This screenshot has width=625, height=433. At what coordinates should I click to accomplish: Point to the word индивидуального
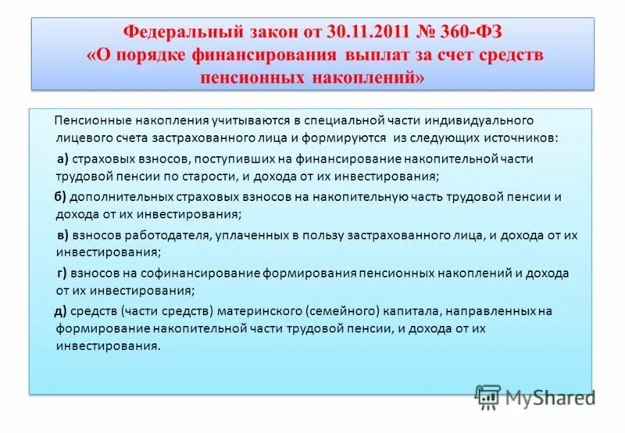click(486, 120)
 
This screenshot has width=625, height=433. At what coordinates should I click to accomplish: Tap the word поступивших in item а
click(237, 158)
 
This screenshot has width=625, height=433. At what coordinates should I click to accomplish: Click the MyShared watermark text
click(549, 398)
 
